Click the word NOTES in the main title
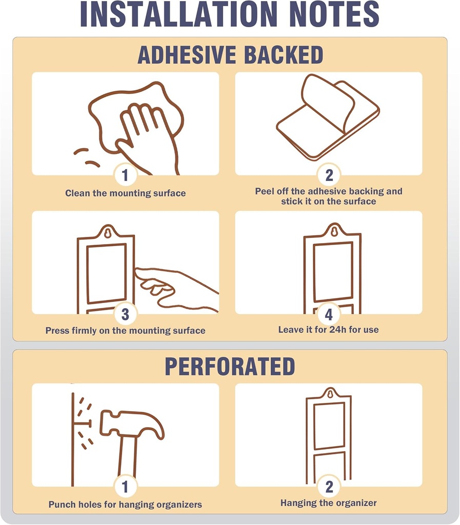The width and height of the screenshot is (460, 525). [x=334, y=14]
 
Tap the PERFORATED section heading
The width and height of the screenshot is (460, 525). [x=230, y=367]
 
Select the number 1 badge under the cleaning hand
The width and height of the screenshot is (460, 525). [x=125, y=175]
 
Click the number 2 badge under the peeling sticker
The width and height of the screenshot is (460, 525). [x=329, y=175]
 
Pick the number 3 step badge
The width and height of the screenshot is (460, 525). [x=125, y=314]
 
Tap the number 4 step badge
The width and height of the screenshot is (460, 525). [x=329, y=314]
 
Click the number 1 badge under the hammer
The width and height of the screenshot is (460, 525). [x=125, y=487]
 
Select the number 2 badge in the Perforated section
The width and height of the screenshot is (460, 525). [x=329, y=487]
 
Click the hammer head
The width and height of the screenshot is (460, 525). [x=132, y=424]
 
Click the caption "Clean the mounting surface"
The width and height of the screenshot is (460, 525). [x=125, y=193]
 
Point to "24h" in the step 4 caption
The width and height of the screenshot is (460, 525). [x=338, y=330]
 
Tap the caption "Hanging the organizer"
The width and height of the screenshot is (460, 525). [x=328, y=503]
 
